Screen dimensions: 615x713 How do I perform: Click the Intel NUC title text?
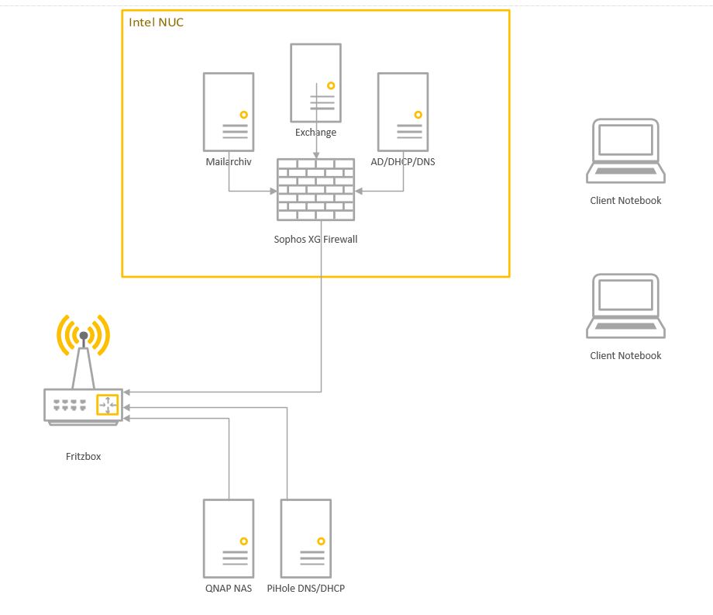coord(156,22)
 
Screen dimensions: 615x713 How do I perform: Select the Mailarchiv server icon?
coord(229,112)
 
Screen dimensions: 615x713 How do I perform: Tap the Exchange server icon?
coord(315,82)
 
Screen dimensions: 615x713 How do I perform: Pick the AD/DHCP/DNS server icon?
coord(403,112)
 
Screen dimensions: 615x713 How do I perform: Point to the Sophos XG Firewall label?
coord(315,240)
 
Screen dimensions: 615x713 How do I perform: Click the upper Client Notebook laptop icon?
coord(625,151)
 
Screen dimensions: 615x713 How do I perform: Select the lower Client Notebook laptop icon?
coord(625,306)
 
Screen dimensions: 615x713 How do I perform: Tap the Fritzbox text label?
coord(83,457)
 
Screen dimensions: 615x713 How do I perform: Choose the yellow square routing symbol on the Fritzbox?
coord(108,405)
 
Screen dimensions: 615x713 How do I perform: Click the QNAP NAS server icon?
coord(229,538)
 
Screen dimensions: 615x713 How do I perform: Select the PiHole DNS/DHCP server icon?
coord(306,538)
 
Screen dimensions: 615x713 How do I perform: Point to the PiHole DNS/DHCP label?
coord(306,589)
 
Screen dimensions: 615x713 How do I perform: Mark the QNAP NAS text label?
coord(229,589)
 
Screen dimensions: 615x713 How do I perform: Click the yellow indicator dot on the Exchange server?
coord(331,85)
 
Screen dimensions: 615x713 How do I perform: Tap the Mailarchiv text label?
coord(229,162)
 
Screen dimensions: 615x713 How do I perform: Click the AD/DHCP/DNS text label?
coord(403,162)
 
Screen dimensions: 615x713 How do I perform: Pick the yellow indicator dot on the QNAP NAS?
coord(243,541)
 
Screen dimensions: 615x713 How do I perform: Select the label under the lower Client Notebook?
coord(625,356)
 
